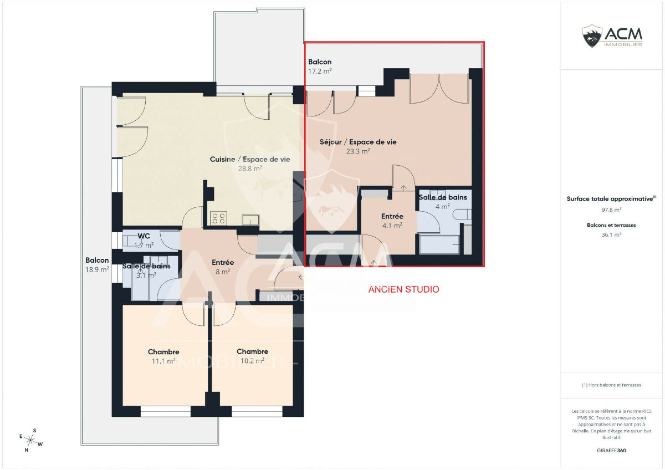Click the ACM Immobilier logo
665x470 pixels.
point(612,36)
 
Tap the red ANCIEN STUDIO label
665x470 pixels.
point(403,289)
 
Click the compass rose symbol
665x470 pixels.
point(30,440)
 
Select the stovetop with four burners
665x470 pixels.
point(218,218)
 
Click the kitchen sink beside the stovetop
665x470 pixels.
point(250,219)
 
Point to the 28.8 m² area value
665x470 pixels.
point(250,168)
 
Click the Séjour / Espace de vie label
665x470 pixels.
point(358,142)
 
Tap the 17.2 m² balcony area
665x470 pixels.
point(320,71)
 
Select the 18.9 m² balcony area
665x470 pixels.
point(97,269)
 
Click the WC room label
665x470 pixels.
point(144,236)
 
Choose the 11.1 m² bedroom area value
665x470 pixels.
point(163,361)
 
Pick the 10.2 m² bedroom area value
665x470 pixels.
point(252,360)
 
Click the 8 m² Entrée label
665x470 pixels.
point(223,263)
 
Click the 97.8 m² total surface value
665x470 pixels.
point(611,210)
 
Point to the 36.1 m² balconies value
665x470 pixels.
point(611,234)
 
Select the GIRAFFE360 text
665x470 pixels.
point(611,451)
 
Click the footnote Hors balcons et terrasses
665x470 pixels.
point(611,385)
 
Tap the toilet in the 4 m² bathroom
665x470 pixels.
point(462,214)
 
